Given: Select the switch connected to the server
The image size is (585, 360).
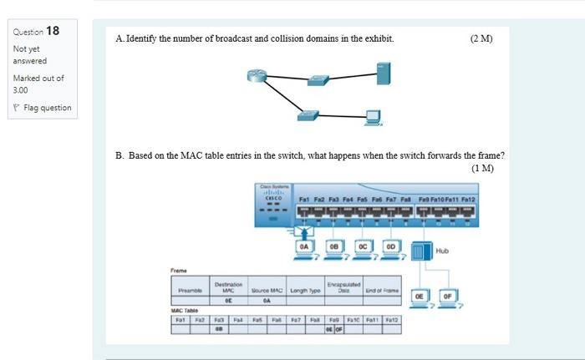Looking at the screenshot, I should tap(318, 80).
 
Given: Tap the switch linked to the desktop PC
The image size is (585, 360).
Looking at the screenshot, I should tap(310, 114).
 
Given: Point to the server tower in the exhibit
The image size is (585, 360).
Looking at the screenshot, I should tap(383, 73).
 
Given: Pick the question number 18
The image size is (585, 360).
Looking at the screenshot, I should tap(52, 31).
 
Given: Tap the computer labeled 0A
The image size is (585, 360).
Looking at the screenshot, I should tap(304, 249).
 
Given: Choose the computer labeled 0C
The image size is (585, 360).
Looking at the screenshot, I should tap(362, 249).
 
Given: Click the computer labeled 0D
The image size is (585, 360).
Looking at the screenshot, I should tap(390, 249).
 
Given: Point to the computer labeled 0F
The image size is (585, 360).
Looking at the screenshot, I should tap(449, 296).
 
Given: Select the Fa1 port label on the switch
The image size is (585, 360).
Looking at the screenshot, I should tap(305, 200).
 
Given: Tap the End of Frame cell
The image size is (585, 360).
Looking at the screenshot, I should tap(382, 290).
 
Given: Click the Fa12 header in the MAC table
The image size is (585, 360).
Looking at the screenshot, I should tap(391, 319).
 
